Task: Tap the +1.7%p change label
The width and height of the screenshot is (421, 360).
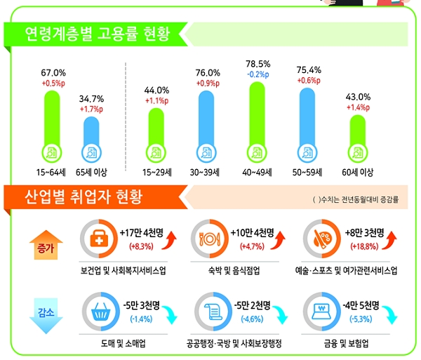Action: [x=91, y=109]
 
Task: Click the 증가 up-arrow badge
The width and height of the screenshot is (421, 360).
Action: [x=44, y=247]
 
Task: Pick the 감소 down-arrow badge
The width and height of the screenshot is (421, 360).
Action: [x=44, y=309]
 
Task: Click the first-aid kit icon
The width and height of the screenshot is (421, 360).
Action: [x=100, y=239]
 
